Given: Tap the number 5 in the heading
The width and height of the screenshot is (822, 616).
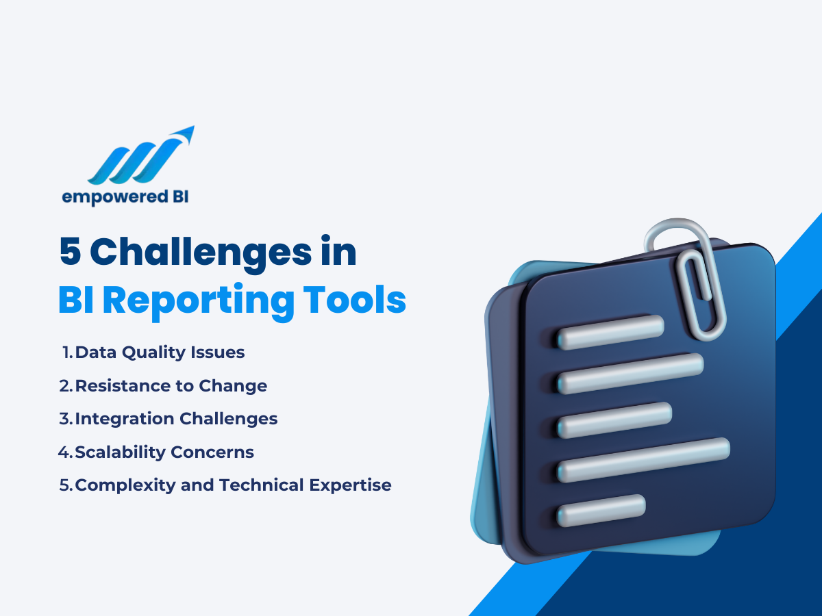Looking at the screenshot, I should pyautogui.click(x=69, y=253).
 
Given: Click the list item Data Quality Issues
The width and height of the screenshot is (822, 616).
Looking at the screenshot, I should pyautogui.click(x=160, y=353).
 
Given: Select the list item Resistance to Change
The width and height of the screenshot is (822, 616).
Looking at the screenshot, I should pyautogui.click(x=171, y=386).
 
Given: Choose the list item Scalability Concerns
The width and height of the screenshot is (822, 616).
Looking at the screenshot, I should pyautogui.click(x=164, y=452).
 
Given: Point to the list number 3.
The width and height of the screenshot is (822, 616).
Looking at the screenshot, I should pyautogui.click(x=65, y=419).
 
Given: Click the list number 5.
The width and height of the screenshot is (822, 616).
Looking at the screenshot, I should pyautogui.click(x=66, y=486).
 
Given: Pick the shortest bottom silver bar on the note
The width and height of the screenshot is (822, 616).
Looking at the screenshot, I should pyautogui.click(x=601, y=510).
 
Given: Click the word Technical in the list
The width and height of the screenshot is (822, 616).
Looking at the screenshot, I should pyautogui.click(x=261, y=486).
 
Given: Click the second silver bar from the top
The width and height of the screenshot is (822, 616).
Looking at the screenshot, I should pyautogui.click(x=630, y=373).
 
